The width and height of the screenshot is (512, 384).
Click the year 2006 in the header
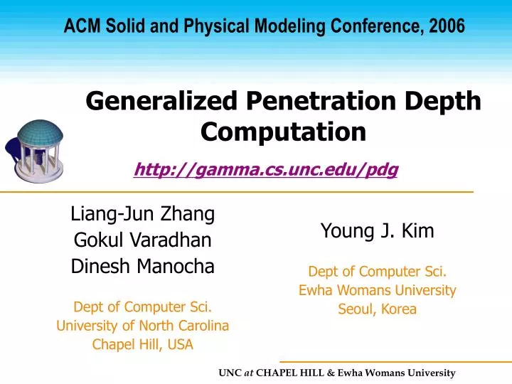[x=447, y=27]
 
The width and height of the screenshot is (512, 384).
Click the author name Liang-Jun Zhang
[x=143, y=213]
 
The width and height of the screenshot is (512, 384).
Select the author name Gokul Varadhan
[x=143, y=240]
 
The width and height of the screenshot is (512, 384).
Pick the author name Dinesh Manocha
[x=143, y=267]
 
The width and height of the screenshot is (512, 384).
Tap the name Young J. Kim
[x=377, y=230]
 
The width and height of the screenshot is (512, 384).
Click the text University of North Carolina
[x=143, y=326]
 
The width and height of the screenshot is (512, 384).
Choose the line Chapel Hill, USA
[x=143, y=345]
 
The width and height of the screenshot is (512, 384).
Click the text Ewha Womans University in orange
[x=377, y=290]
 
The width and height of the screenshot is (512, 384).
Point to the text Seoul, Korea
[x=377, y=309]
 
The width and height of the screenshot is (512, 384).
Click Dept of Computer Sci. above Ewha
[x=377, y=271]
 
